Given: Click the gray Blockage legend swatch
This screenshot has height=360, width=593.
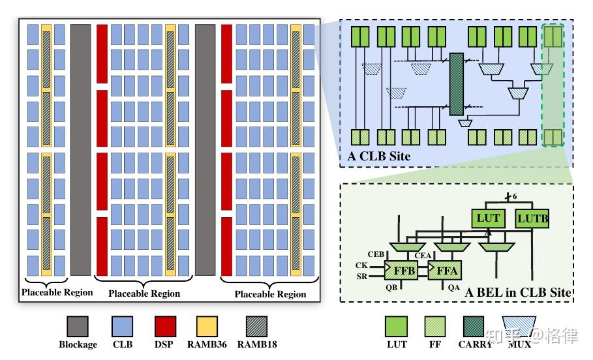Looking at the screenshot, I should (x=78, y=326).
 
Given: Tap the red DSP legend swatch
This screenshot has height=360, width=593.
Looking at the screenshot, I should (x=164, y=326).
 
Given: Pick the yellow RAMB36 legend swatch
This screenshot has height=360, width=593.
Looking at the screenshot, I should (x=207, y=326).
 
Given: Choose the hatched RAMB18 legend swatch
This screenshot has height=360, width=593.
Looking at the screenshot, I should (x=256, y=326).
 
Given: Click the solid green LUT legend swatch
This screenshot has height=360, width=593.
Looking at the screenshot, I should (x=396, y=326).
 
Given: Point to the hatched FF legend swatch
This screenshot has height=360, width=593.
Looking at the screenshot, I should (x=437, y=326).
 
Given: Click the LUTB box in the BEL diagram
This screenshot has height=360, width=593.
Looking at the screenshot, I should (x=533, y=218).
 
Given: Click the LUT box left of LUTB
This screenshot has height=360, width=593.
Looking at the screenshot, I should (x=488, y=218).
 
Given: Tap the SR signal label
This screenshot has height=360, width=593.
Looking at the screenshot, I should (x=361, y=277).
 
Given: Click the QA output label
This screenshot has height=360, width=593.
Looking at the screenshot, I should (x=454, y=287).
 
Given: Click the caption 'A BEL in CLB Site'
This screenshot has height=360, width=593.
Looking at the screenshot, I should (x=518, y=292).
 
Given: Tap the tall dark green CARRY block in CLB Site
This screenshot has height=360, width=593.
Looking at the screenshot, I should (x=455, y=85).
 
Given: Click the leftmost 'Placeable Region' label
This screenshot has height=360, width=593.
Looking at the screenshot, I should (x=57, y=292).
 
